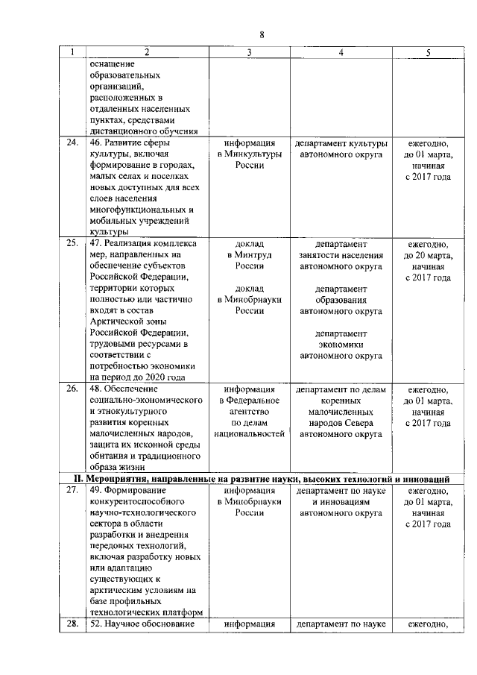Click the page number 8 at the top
tap(262, 34)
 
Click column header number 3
tap(250, 52)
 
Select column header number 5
tap(428, 52)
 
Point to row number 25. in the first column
tap(72, 244)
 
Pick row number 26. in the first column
tap(72, 389)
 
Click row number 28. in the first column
tap(72, 624)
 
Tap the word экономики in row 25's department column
tap(341, 345)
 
